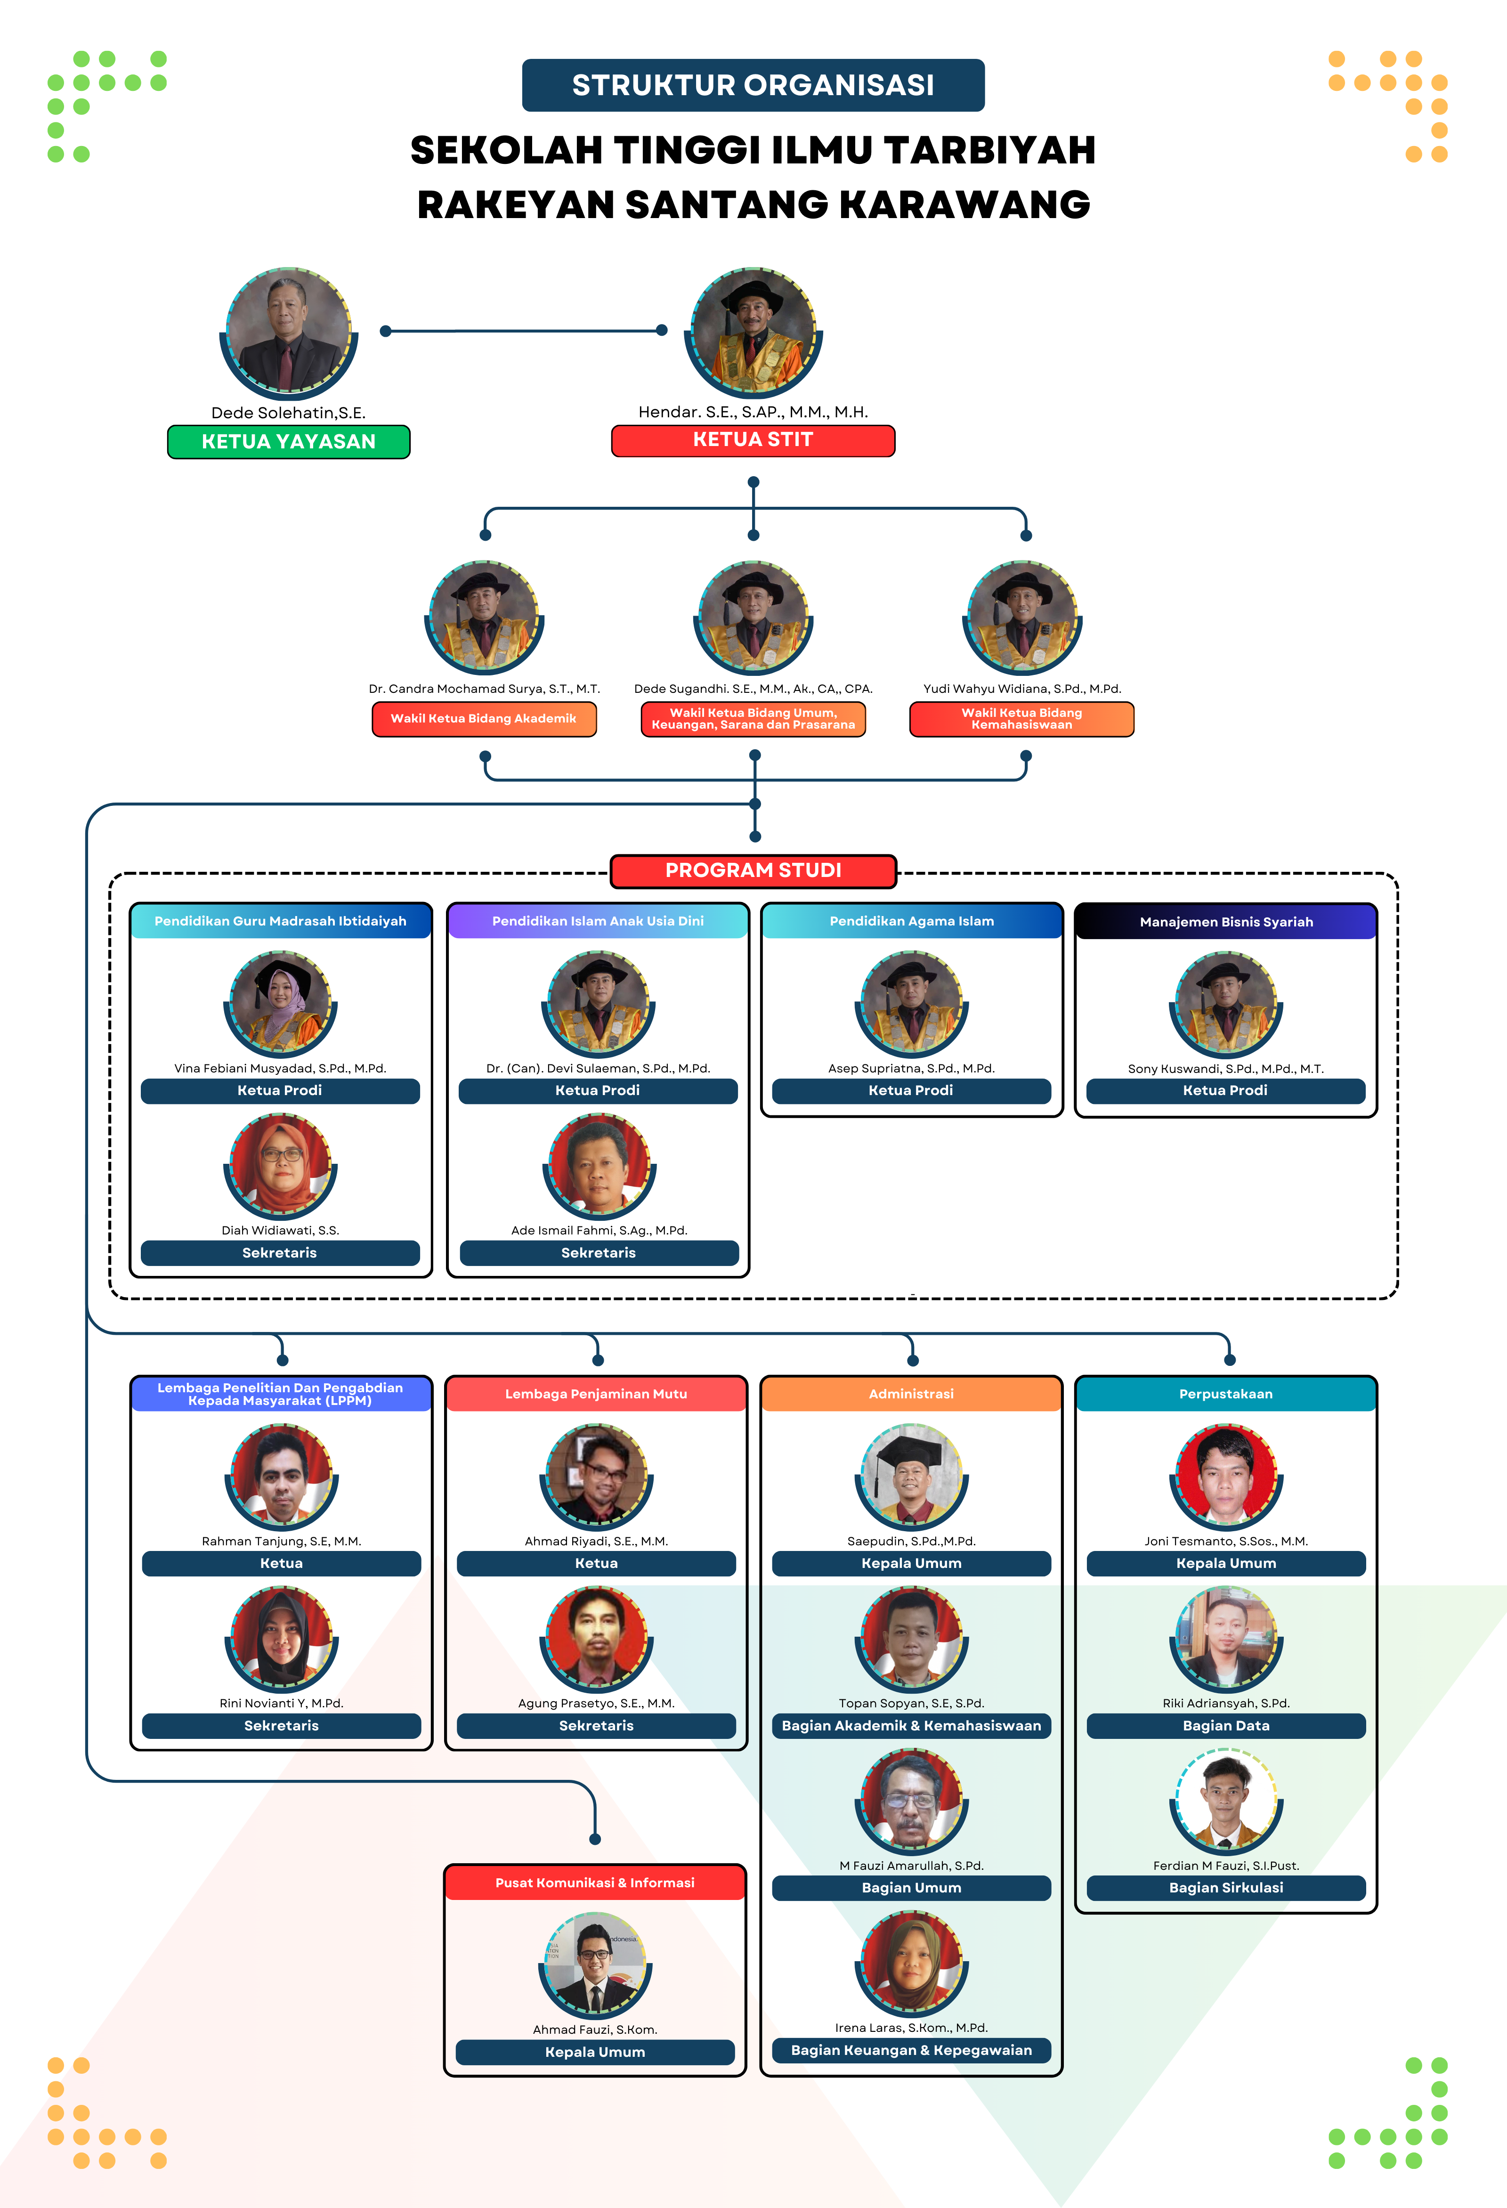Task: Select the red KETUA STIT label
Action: [x=753, y=440]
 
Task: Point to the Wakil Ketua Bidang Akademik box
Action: [x=484, y=719]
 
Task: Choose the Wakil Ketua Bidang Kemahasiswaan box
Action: [x=1021, y=719]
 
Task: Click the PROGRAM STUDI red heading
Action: [x=753, y=870]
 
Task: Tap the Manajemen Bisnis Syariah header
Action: [x=1226, y=922]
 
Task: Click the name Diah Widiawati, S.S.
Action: [x=280, y=1230]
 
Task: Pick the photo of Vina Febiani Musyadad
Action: [x=280, y=1002]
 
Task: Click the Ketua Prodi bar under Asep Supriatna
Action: [x=911, y=1091]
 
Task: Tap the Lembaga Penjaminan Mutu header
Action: [x=596, y=1394]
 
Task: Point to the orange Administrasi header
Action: [x=911, y=1394]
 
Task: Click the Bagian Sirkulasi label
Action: [x=1226, y=1888]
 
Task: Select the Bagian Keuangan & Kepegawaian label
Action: [x=911, y=2050]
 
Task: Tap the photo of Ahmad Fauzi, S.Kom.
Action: [x=595, y=1965]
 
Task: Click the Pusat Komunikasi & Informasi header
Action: [x=595, y=1883]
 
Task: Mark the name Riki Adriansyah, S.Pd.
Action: [x=1226, y=1704]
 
